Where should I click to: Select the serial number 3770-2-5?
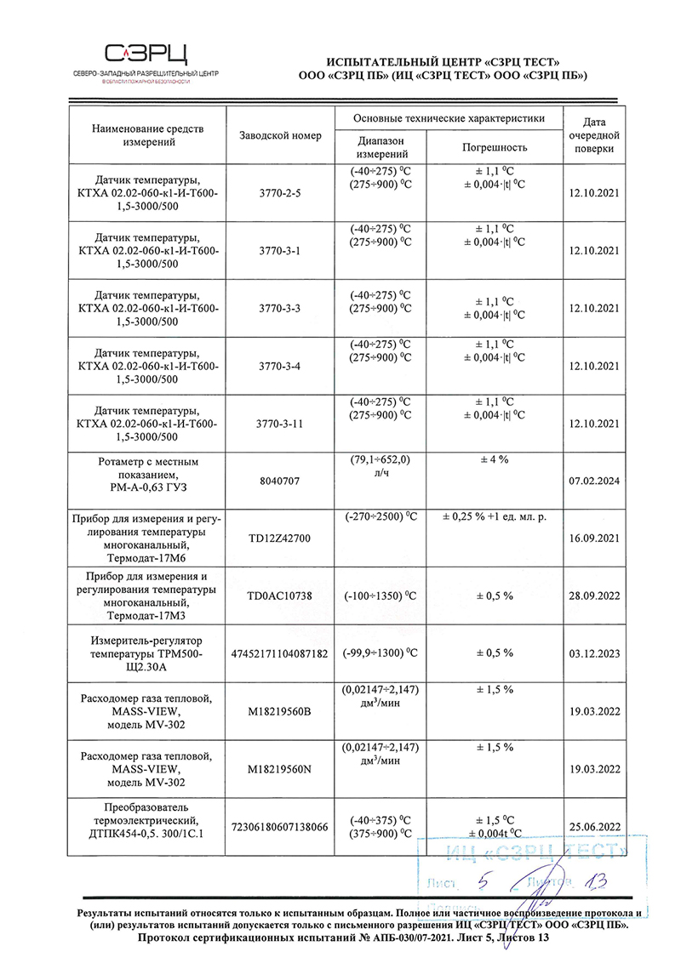pyautogui.click(x=280, y=192)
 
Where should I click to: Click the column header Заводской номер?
pyautogui.click(x=280, y=135)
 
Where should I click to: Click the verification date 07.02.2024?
pyautogui.click(x=594, y=481)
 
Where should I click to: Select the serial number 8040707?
pyautogui.click(x=280, y=481)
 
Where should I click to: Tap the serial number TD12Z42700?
pyautogui.click(x=280, y=538)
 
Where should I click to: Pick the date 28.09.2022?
pyautogui.click(x=594, y=596)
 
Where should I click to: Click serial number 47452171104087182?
pyautogui.click(x=280, y=653)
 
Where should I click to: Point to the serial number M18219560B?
pyautogui.click(x=280, y=710)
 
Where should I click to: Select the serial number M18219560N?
pyautogui.click(x=280, y=768)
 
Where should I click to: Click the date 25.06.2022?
pyautogui.click(x=594, y=826)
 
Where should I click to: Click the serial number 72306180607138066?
pyautogui.click(x=280, y=826)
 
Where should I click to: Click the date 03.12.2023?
pyautogui.click(x=594, y=653)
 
